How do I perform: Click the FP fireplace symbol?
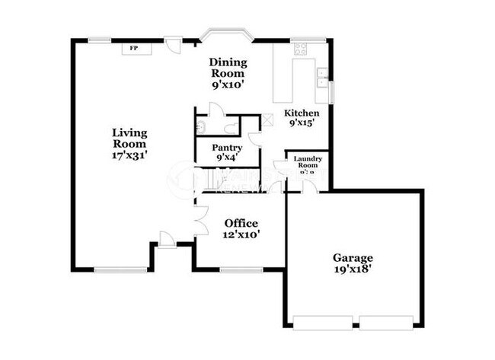pos(134,49)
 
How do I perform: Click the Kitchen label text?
pos(302,117)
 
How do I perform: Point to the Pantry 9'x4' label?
pos(227,152)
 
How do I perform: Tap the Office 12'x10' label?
pos(242,228)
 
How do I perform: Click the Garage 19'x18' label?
pos(353,263)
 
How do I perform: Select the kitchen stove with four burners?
pos(300,49)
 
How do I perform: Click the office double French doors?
pos(201,219)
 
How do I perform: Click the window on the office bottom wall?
pos(241,269)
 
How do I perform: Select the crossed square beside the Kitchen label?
pos(267,119)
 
